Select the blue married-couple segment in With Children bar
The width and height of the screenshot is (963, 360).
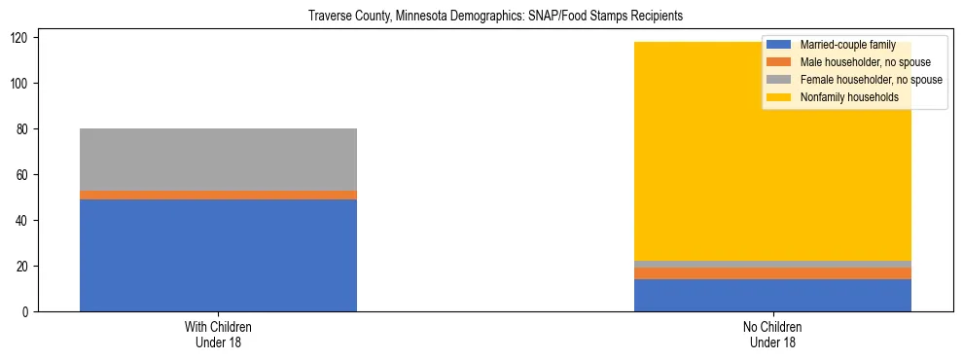(x=218, y=255)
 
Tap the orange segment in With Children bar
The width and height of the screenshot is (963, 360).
(x=218, y=195)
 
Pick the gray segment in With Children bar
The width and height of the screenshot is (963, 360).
(x=218, y=160)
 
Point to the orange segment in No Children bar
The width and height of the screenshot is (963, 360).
(x=772, y=273)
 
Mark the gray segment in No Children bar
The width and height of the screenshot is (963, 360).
(x=772, y=264)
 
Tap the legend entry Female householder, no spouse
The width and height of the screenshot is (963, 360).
(x=870, y=80)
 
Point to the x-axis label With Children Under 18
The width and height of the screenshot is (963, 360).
(x=218, y=335)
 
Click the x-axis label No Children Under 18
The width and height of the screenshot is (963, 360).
(x=772, y=335)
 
